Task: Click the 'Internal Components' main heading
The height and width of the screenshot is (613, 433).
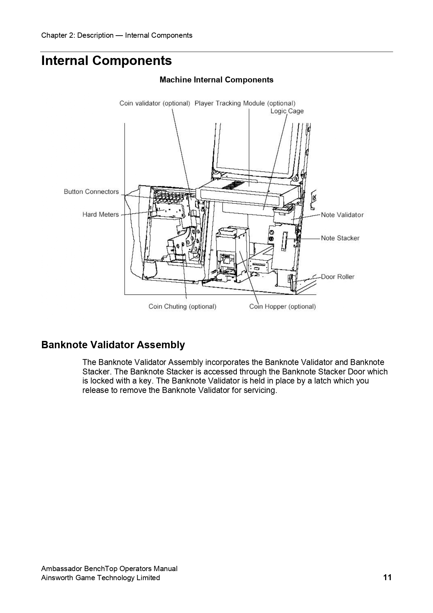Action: pos(107,61)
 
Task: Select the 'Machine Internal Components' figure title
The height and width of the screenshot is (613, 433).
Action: pos(216,80)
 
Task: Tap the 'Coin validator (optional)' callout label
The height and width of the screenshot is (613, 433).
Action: pos(155,103)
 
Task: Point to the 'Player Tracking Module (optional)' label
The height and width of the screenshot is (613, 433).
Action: pos(245,103)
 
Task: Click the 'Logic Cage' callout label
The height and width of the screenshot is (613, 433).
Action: pos(287,111)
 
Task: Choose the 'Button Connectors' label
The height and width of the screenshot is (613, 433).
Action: pos(91,192)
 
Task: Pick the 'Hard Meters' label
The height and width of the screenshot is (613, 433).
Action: pos(101,214)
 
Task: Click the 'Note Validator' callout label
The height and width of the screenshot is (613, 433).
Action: pos(342,215)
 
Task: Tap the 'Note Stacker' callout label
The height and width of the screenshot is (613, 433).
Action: pos(340,238)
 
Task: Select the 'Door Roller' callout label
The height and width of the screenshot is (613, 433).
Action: pos(338,277)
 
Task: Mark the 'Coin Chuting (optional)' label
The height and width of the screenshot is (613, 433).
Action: pos(182,307)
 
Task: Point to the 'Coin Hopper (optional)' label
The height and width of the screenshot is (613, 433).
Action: pos(282,307)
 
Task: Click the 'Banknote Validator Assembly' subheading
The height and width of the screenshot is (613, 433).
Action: pos(113,345)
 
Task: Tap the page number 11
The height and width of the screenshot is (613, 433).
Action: pos(387,577)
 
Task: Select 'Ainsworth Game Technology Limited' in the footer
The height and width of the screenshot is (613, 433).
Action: pos(101,578)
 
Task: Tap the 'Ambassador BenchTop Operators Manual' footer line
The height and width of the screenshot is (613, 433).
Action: pos(109,569)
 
